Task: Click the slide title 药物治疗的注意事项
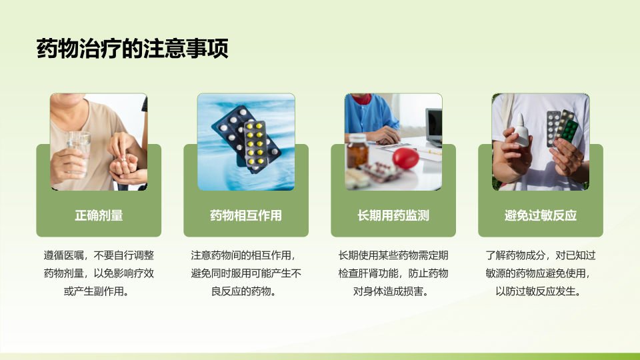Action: coord(132,49)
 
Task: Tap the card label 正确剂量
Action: coord(99,215)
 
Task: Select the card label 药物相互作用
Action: coord(246,215)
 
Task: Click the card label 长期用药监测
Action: coord(393,215)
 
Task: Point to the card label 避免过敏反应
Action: coord(541,215)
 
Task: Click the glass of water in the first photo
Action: coord(79,154)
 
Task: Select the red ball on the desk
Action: coord(405,159)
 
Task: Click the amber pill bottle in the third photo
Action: coord(357,151)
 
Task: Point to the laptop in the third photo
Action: coord(434,127)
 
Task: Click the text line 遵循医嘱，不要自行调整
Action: coord(99,255)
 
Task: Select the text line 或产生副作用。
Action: coord(96,291)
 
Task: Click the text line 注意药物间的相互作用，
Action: coord(243,255)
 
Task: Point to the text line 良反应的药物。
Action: coord(244,291)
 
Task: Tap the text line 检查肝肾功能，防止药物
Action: coord(393,273)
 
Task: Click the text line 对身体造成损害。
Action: coord(391,291)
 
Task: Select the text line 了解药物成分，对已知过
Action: coord(541,255)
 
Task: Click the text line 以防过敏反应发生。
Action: coord(538,291)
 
